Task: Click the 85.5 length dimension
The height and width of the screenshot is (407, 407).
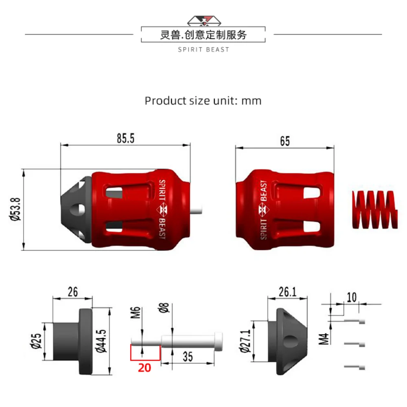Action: coord(126,138)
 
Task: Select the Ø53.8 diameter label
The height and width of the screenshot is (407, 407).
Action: coord(15,209)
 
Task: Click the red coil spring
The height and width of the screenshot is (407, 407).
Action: coord(374,210)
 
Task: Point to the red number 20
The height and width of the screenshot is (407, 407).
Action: coord(144,368)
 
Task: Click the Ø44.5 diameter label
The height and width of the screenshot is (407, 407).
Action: coord(101,341)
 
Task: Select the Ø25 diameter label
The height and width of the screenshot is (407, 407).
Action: coord(36,341)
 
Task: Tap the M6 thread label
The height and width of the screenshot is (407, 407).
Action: coord(136,313)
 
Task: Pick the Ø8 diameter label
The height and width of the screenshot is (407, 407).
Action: coord(164,308)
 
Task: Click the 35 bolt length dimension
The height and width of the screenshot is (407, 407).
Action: coord(188,357)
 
